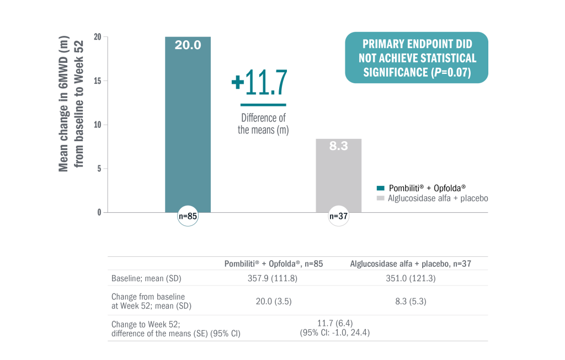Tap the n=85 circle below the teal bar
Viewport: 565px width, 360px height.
pos(188,217)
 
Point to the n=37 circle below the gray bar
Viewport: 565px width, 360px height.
pos(338,217)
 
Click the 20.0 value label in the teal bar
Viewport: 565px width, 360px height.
pos(188,45)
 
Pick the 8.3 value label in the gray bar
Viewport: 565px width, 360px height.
pos(338,147)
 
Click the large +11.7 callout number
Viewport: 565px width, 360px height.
pos(260,83)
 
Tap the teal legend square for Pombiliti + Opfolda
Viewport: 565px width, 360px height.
pos(380,187)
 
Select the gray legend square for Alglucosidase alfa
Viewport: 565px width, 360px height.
pos(380,198)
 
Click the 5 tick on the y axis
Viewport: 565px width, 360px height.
pos(99,169)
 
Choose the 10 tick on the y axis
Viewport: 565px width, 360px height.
pos(97,125)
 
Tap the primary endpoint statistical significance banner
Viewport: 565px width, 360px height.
pos(417,58)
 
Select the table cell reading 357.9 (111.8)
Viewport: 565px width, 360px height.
pos(273,278)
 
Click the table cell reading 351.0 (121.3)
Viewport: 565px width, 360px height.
pos(411,278)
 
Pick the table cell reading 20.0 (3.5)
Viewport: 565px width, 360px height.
pos(273,301)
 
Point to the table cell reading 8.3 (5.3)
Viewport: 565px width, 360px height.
pos(411,301)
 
